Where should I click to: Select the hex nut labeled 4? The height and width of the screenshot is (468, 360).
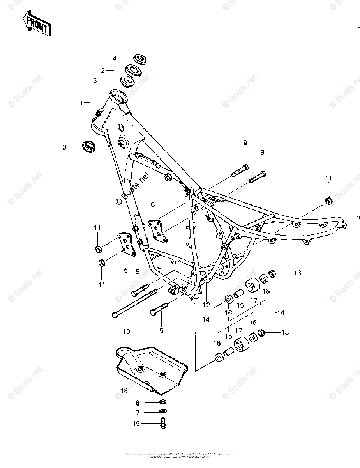139,59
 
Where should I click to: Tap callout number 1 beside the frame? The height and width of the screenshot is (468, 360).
81,103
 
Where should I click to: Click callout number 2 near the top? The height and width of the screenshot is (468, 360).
103,71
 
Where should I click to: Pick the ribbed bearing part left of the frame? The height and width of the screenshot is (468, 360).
88,147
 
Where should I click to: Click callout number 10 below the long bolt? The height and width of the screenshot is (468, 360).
126,331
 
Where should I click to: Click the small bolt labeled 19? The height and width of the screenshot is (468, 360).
163,423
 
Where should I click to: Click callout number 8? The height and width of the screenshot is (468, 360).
137,402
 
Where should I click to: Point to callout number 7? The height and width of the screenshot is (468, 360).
137,412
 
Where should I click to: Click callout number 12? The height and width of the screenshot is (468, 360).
207,305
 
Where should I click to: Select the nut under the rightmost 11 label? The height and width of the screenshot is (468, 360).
328,201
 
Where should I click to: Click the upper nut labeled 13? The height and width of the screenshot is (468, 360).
273,273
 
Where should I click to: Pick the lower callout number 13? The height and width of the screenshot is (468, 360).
286,332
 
